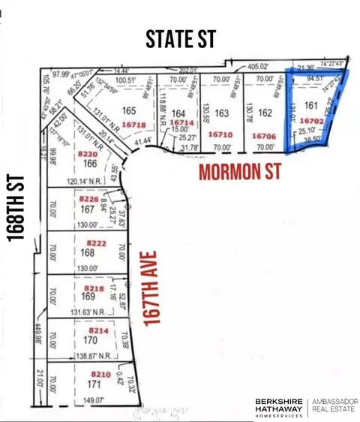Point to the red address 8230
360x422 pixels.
pos(88,152)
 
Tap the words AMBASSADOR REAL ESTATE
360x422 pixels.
pos(336,405)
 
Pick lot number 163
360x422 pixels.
pos(220,114)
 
